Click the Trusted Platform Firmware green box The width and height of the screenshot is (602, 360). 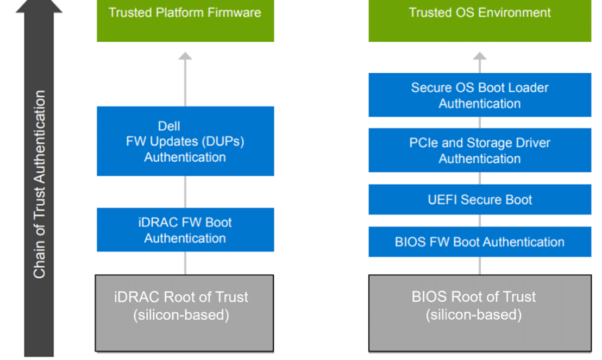click(185, 21)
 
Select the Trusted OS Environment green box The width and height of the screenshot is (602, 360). click(480, 21)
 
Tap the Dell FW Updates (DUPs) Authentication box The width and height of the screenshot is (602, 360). click(185, 141)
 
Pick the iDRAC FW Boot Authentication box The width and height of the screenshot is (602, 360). click(185, 230)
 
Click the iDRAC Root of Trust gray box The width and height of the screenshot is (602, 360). click(184, 313)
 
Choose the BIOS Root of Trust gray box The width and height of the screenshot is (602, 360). click(480, 313)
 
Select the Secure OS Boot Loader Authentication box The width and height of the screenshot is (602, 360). click(480, 95)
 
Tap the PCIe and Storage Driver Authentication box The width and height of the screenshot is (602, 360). click(480, 150)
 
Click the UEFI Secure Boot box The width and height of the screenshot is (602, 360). click(480, 199)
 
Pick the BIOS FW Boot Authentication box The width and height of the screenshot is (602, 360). click(480, 242)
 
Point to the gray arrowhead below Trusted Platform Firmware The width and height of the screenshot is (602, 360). click(185, 56)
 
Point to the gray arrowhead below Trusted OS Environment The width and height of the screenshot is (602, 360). click(480, 56)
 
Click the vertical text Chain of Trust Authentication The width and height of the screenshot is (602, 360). click(39, 184)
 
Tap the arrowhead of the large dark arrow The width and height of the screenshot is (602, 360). click(39, 6)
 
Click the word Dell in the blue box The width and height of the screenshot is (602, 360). click(169, 126)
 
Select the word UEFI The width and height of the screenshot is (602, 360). click(443, 200)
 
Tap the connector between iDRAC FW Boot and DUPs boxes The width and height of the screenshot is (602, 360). click(185, 192)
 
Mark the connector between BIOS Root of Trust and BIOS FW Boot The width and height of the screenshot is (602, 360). click(480, 266)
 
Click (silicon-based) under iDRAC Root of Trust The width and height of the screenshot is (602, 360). click(181, 315)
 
